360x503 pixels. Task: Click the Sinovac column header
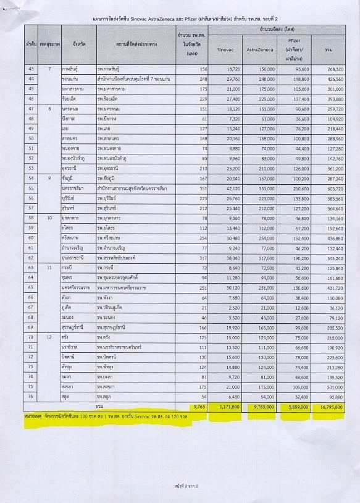click(225, 48)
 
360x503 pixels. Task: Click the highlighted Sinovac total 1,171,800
click(225, 408)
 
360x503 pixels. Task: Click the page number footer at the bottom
click(180, 487)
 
